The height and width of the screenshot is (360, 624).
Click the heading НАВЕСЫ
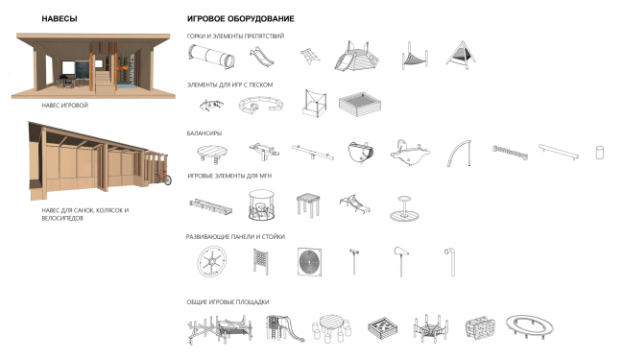[x=60, y=18]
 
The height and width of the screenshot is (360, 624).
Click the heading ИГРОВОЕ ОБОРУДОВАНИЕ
[x=241, y=18]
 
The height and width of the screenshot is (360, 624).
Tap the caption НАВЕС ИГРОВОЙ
[x=65, y=106]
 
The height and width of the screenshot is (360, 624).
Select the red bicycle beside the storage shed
[x=163, y=178]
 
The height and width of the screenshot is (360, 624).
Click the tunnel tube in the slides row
[x=211, y=57]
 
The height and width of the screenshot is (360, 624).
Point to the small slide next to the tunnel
[x=261, y=57]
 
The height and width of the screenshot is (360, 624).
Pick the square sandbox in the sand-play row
[x=360, y=105]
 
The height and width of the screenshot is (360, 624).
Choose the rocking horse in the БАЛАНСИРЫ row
[x=410, y=153]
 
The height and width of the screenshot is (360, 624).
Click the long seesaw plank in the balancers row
[x=313, y=153]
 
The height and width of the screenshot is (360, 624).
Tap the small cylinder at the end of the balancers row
[x=600, y=153]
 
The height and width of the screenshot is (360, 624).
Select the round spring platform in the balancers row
[x=212, y=154]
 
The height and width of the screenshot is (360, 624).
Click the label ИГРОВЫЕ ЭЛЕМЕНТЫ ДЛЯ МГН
[x=229, y=176]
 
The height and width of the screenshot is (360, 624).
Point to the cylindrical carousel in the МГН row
[x=261, y=204]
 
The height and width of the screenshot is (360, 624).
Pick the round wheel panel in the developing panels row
[x=212, y=261]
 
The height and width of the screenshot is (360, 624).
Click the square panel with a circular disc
[x=310, y=262]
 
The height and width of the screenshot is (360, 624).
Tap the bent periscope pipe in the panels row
[x=452, y=261]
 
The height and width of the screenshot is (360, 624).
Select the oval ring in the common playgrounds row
[x=529, y=327]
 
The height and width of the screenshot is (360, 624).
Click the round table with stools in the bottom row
[x=331, y=328]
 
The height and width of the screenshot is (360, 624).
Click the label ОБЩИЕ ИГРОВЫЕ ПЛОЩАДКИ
[x=228, y=302]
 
